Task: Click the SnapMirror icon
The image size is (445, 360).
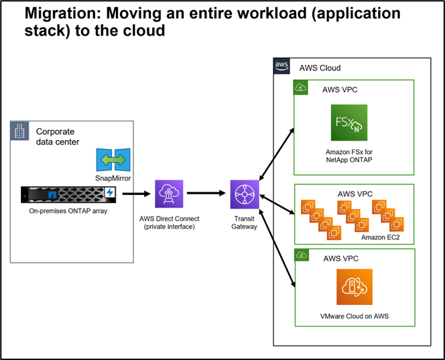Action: [x=112, y=160]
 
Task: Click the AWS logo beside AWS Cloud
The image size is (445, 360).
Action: [x=282, y=67]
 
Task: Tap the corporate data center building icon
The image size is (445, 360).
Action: [x=20, y=131]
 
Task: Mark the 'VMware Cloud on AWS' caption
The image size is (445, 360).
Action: [x=350, y=316]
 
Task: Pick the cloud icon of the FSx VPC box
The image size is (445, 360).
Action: [x=302, y=88]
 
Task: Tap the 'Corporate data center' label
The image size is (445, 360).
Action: [x=57, y=137]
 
